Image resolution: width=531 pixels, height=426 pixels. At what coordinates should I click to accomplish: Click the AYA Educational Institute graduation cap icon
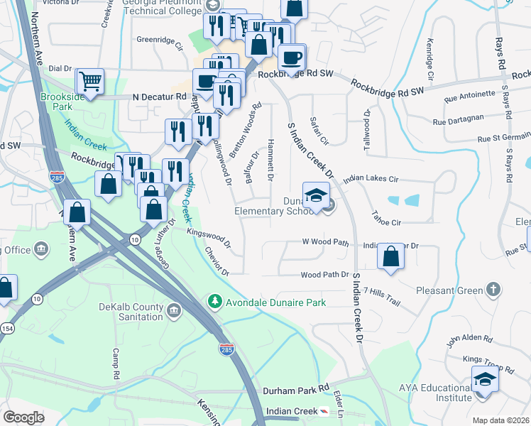(485, 378)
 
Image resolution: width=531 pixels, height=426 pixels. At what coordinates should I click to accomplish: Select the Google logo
(23, 417)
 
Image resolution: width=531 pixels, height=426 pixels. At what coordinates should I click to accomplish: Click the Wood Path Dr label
(325, 274)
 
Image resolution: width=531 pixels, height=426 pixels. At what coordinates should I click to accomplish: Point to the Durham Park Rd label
(296, 390)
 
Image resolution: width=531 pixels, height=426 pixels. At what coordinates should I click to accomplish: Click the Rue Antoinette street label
(469, 94)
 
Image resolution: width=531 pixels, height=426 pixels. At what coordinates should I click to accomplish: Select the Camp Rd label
(118, 364)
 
